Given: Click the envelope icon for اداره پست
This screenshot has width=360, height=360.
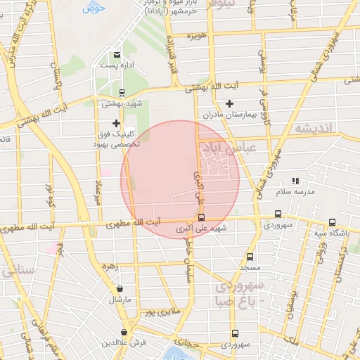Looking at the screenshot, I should pos(117,54).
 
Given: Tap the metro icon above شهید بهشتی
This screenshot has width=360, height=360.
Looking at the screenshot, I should pos(122,93).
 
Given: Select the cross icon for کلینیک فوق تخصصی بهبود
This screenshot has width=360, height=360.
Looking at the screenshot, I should pos(116,123).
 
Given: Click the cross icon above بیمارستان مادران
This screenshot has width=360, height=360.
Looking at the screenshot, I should pos(229,103).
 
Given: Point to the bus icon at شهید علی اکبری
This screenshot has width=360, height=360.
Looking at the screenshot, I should pos(202,217).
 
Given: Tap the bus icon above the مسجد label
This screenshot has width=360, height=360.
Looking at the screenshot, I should pos(250,257).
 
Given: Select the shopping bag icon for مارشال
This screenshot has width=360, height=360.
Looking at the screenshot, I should pos(120,289).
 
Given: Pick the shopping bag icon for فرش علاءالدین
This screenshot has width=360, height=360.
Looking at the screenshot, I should pos(124,332).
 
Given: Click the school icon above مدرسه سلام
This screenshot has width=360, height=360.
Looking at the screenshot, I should pos(296,181).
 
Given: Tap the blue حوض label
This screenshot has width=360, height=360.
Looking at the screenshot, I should pos(93,8).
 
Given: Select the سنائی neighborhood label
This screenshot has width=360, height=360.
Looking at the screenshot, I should pos(15,271).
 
